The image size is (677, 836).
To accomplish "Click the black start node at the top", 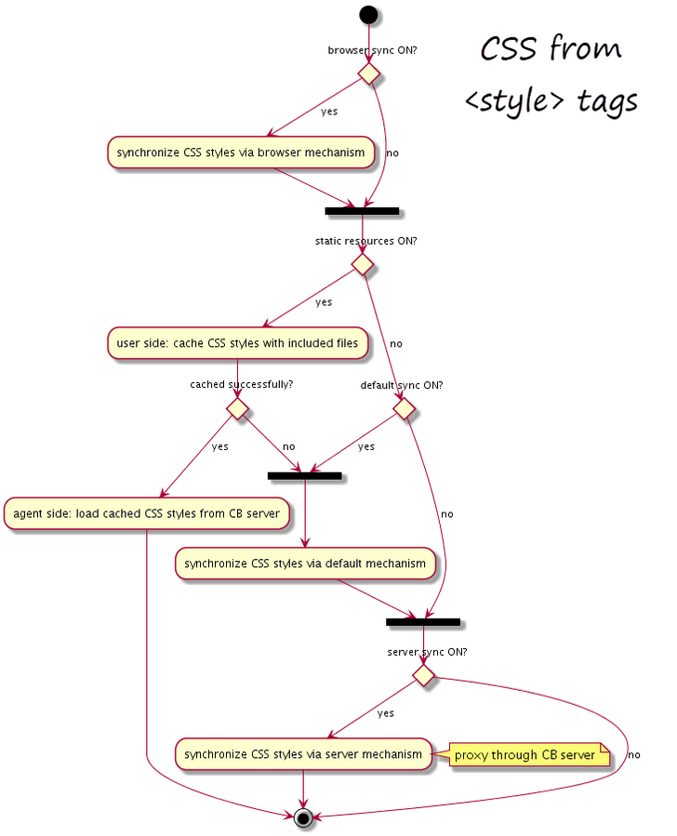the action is [x=368, y=14].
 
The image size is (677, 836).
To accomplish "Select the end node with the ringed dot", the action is [x=303, y=816].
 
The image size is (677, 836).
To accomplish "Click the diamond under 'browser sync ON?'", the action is [x=368, y=73].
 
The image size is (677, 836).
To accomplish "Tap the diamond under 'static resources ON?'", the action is [x=362, y=264].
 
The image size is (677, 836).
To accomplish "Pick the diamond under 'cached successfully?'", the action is [x=237, y=409].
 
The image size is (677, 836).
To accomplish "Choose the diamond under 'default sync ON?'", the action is [x=404, y=409].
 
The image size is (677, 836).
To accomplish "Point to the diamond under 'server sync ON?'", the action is [x=424, y=675].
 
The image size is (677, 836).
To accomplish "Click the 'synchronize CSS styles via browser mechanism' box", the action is [x=241, y=153].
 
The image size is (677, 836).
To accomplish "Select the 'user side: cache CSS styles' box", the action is [x=238, y=343].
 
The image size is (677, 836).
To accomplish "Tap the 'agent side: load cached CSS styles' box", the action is [x=147, y=513].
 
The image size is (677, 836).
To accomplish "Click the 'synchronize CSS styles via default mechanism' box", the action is [x=305, y=564].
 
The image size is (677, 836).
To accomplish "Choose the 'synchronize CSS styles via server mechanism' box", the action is [x=303, y=754].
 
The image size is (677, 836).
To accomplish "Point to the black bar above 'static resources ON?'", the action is [x=362, y=211].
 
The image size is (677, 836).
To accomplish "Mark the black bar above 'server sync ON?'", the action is [x=423, y=622].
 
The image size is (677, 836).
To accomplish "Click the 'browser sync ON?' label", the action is [x=372, y=50].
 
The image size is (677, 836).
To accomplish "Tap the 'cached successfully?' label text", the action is [x=242, y=384].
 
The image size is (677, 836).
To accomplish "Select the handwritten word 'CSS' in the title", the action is [x=508, y=48].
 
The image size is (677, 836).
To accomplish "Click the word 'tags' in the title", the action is [x=607, y=101].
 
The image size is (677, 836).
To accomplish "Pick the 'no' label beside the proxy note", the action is [x=634, y=754].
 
